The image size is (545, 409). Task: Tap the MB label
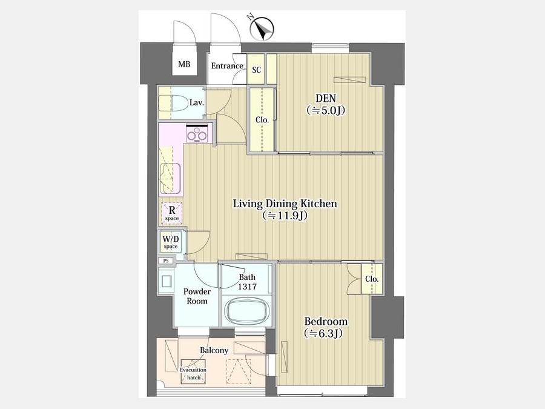(184, 64)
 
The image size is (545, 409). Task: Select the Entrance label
(227, 65)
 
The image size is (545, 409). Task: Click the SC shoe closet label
(257, 70)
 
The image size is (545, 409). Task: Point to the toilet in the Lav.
(173, 103)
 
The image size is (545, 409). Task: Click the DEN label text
(325, 98)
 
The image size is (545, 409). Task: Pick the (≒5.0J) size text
(326, 111)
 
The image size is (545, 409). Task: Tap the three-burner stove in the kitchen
(197, 134)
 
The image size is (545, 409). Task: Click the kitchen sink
(170, 178)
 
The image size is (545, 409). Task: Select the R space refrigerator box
(172, 213)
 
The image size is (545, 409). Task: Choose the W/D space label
(171, 242)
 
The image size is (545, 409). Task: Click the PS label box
(166, 261)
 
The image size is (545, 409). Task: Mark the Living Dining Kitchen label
(285, 204)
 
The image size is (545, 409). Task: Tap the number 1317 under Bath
(247, 287)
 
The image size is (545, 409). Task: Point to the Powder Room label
(197, 296)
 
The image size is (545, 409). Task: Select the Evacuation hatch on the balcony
(193, 372)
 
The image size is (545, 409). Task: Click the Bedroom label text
(326, 321)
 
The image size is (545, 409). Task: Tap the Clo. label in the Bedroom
(372, 279)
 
